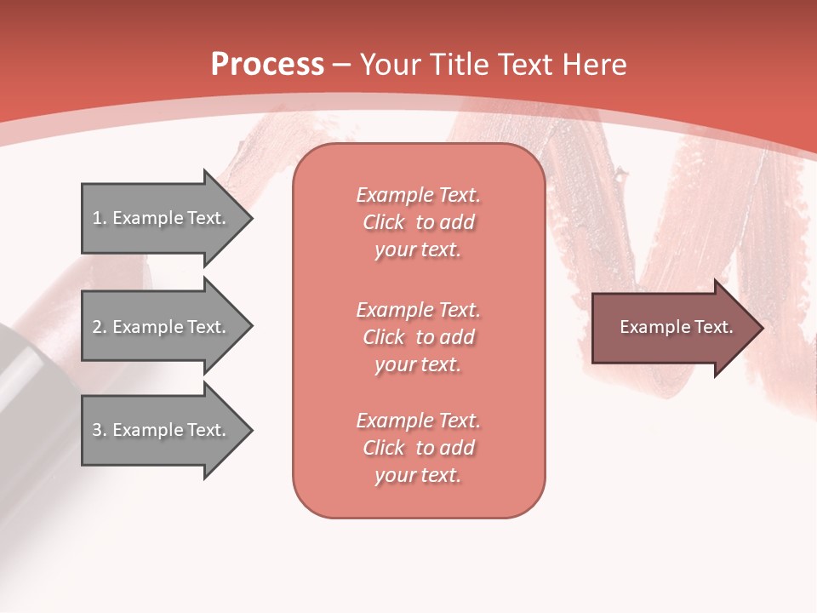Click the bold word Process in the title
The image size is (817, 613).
click(267, 64)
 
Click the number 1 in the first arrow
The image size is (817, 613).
click(97, 218)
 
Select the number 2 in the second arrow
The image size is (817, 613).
click(97, 327)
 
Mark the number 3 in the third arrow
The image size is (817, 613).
click(97, 430)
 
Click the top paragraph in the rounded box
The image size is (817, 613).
click(418, 222)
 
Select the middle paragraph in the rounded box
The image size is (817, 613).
click(418, 337)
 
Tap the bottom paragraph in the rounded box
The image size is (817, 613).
click(418, 448)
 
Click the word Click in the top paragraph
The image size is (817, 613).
click(384, 222)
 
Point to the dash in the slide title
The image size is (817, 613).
click(342, 65)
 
